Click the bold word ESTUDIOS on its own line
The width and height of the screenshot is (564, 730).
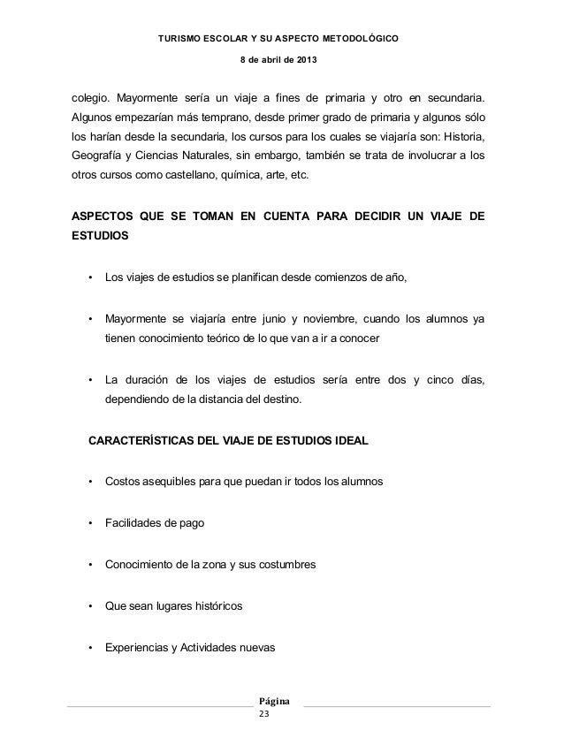coord(99,237)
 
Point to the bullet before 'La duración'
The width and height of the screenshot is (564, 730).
coord(90,380)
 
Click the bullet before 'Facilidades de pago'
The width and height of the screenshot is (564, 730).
coord(90,523)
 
